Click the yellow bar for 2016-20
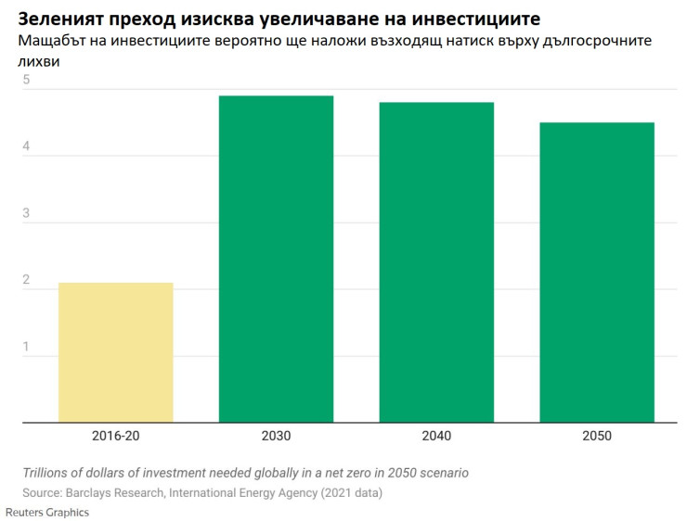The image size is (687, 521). click(115, 352)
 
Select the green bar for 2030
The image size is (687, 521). click(276, 259)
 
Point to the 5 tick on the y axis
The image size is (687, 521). click(27, 81)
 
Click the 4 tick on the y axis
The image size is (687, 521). click(27, 146)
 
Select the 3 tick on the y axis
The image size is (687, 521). click(27, 213)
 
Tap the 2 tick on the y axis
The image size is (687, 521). click(27, 280)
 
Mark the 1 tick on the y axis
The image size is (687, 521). click(27, 347)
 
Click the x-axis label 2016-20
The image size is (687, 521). click(116, 436)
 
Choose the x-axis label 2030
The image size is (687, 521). click(276, 436)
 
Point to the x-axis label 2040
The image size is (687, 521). click(436, 436)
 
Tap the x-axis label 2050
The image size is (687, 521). click(597, 436)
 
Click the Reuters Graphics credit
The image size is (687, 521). click(47, 512)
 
